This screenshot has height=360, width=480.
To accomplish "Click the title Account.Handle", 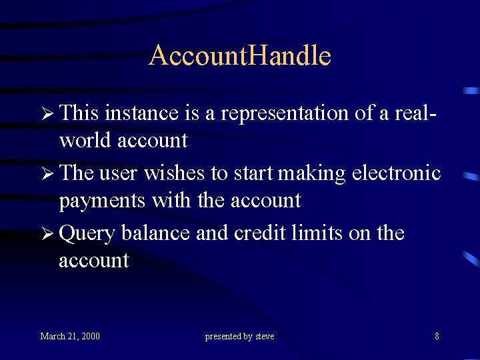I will click(239, 55).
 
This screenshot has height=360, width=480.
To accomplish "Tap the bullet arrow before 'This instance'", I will click(47, 113).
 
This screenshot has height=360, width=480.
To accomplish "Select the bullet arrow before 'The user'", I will click(47, 173).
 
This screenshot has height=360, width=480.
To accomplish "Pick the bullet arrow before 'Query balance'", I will click(47, 233).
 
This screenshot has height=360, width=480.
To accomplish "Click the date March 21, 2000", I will click(70, 336).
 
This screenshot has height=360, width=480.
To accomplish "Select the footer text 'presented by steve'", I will click(239, 336).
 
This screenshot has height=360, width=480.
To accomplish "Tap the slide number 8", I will click(437, 336).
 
